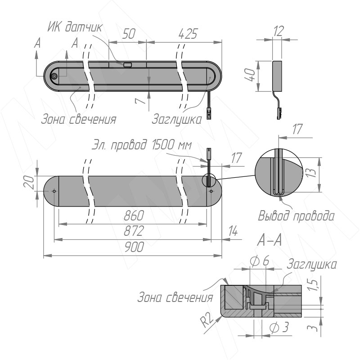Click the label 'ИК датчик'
75,27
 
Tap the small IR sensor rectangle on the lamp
127,64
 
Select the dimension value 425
188,34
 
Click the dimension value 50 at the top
129,34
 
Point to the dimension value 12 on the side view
279,31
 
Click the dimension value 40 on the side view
250,75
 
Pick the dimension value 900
134,247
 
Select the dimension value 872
134,231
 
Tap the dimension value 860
134,216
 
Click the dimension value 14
233,231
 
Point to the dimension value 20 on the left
29,183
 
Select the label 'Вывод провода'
296,216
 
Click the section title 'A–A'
270,241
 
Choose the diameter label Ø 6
259,261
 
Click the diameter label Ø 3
279,328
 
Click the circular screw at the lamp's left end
54,76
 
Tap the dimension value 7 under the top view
140,100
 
